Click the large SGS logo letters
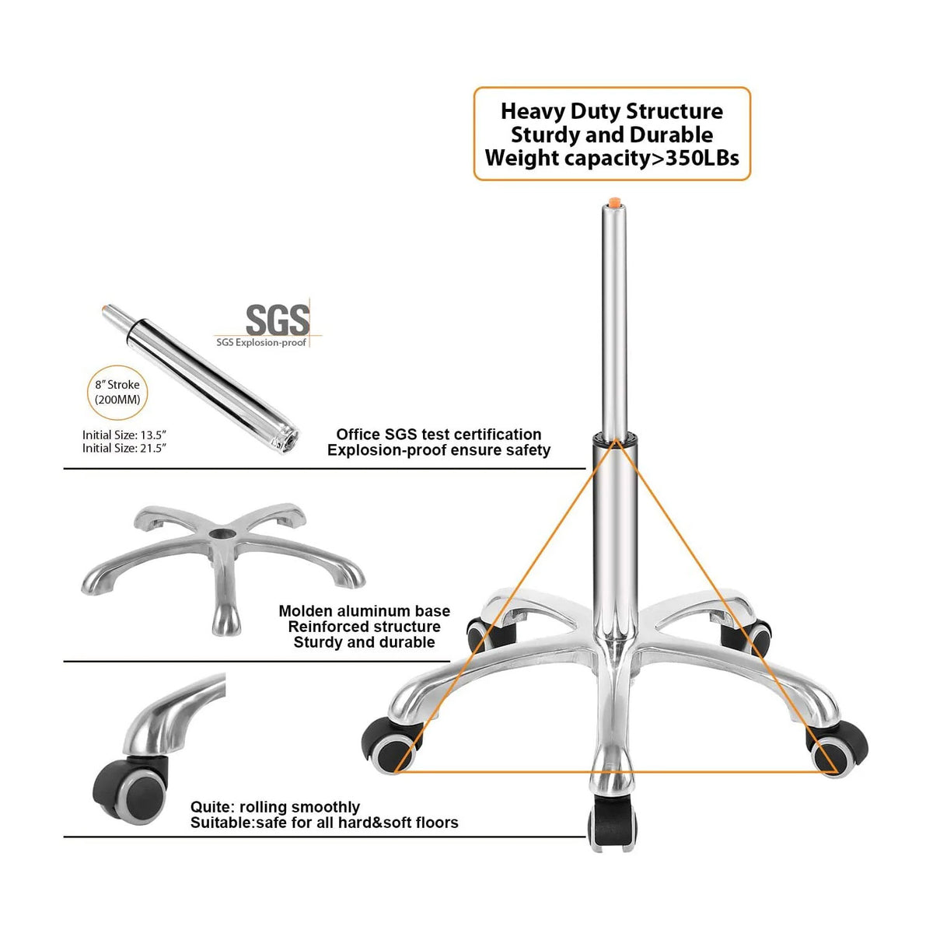[x=278, y=320]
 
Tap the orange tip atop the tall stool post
[x=614, y=202]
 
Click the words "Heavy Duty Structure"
[x=612, y=111]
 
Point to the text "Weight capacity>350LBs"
[x=612, y=158]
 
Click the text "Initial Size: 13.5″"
[x=124, y=435]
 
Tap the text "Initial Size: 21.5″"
[x=124, y=448]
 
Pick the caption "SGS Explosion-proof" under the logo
[x=261, y=342]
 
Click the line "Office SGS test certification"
[x=439, y=434]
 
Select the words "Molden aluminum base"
[x=364, y=611]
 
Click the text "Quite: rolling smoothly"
[x=275, y=807]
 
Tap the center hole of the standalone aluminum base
[x=225, y=534]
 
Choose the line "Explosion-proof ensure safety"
[x=439, y=450]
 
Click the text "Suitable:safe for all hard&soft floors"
[x=324, y=823]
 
